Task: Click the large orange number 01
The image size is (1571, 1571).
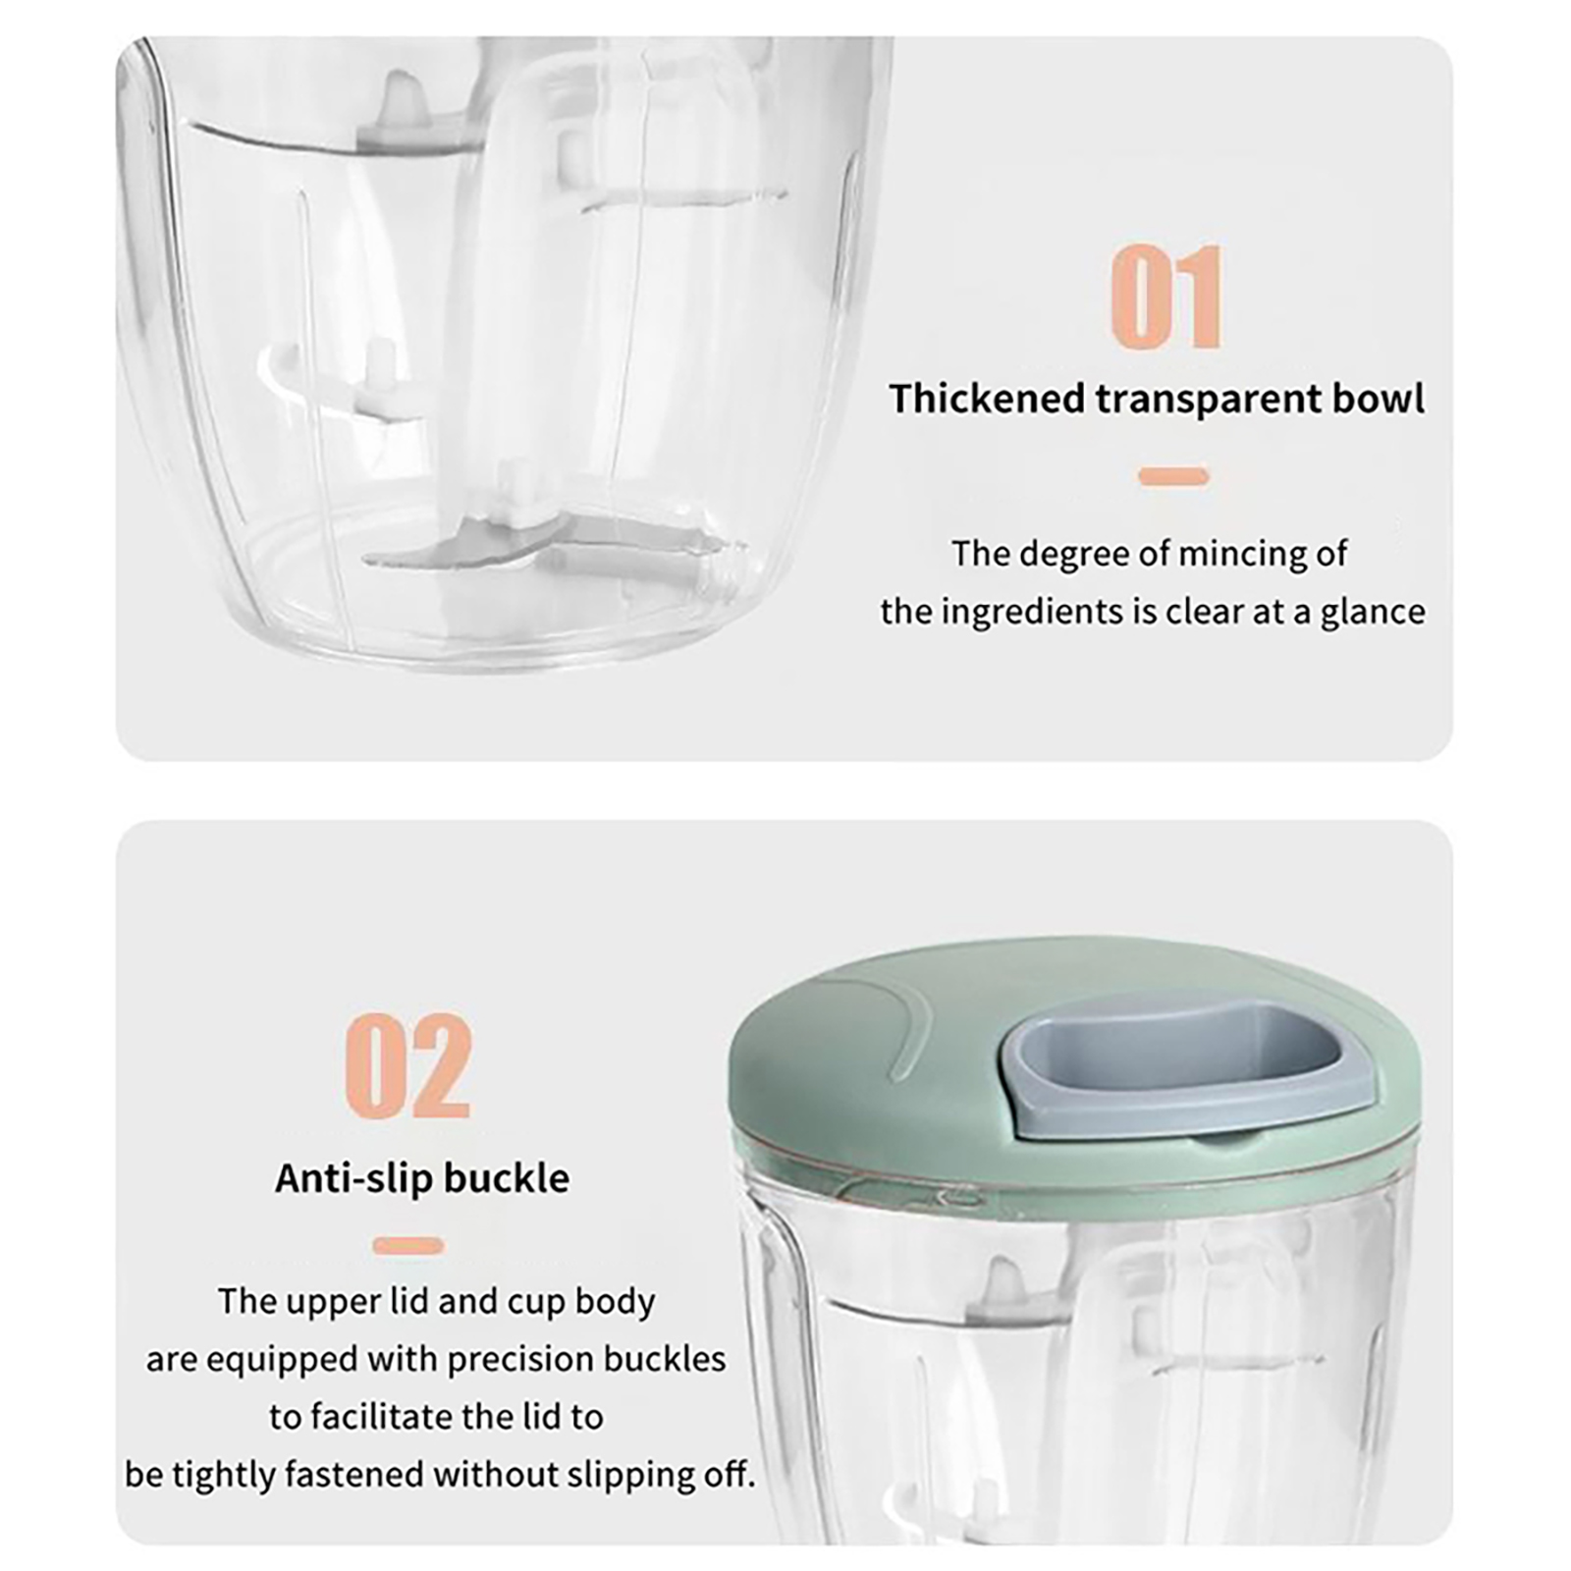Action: point(1166,297)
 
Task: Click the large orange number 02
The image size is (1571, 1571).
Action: point(408,1066)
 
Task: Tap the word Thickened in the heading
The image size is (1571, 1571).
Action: point(987,399)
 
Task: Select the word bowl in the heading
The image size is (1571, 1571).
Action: point(1378,399)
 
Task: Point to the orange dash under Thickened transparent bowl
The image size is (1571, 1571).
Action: point(1173,477)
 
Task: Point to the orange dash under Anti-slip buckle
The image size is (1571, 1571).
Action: point(408,1246)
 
